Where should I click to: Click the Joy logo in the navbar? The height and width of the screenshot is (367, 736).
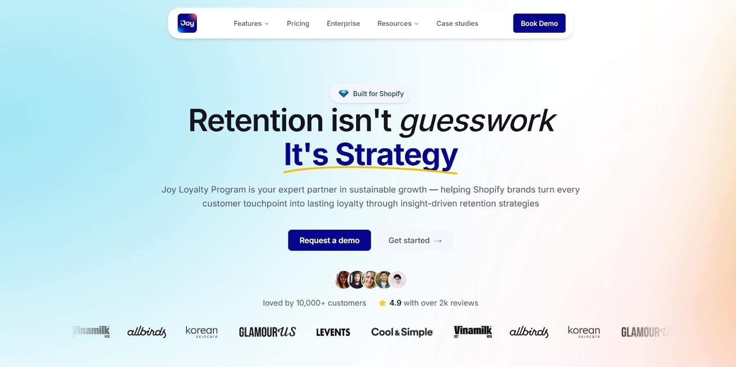tap(187, 23)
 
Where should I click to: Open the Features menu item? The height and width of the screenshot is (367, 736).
tap(251, 23)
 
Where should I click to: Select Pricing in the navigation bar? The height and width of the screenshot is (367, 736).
tap(298, 23)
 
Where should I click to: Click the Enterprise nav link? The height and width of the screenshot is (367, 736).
tap(343, 23)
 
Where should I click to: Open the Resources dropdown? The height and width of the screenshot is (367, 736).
tap(397, 23)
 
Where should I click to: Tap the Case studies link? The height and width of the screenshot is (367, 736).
tap(457, 23)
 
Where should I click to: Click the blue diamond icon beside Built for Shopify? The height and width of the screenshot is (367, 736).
tap(344, 94)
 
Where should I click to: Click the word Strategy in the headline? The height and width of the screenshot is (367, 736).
tap(396, 155)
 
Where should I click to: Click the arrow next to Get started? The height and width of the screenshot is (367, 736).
tap(437, 241)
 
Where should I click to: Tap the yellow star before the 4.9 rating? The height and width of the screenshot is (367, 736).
tap(382, 303)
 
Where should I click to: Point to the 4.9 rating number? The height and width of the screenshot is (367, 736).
tap(395, 303)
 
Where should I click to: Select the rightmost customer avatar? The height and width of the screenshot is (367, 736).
tap(397, 280)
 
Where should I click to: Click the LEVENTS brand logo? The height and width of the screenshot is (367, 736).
tap(333, 332)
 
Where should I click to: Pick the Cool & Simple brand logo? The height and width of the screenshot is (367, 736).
tap(402, 332)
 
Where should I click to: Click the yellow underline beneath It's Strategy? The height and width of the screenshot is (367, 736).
tap(370, 170)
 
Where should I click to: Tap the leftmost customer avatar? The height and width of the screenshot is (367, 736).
tap(343, 280)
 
